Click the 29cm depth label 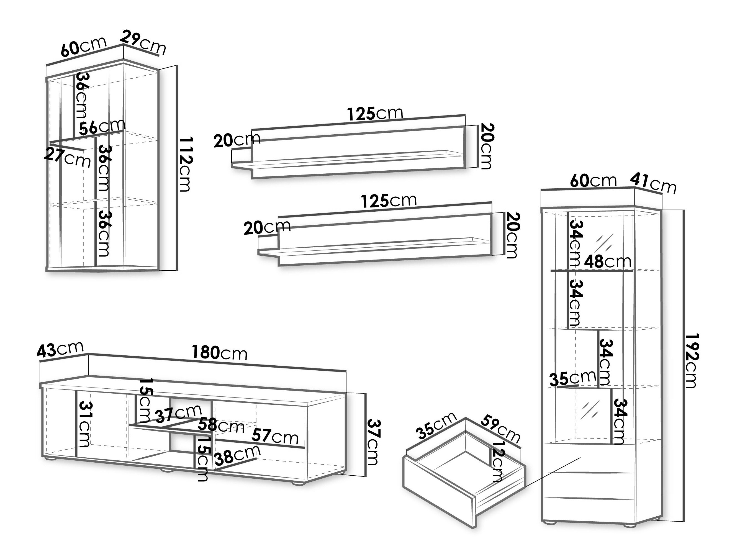coord(143,42)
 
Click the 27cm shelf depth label coord(68,157)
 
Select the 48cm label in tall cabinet coord(607,261)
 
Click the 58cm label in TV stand coord(221,426)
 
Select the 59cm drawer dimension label coord(500,429)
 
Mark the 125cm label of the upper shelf coord(375,114)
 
